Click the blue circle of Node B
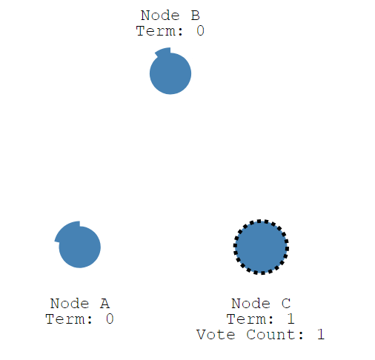pos(170,73)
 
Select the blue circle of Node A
pos(80,247)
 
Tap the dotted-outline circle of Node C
pos(261,247)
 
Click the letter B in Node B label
pos(195,16)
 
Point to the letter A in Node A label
pos(104,304)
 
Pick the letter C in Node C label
pos(286,304)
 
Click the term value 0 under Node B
pos(200,31)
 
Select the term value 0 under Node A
pos(110,319)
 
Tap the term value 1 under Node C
pos(291,319)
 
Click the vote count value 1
pos(321,335)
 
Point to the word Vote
pos(216,335)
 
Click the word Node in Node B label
pos(160,16)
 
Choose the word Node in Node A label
pos(70,304)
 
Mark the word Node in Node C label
pos(250,304)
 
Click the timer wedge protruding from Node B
pos(164,51)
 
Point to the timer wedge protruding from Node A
pos(68,231)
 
